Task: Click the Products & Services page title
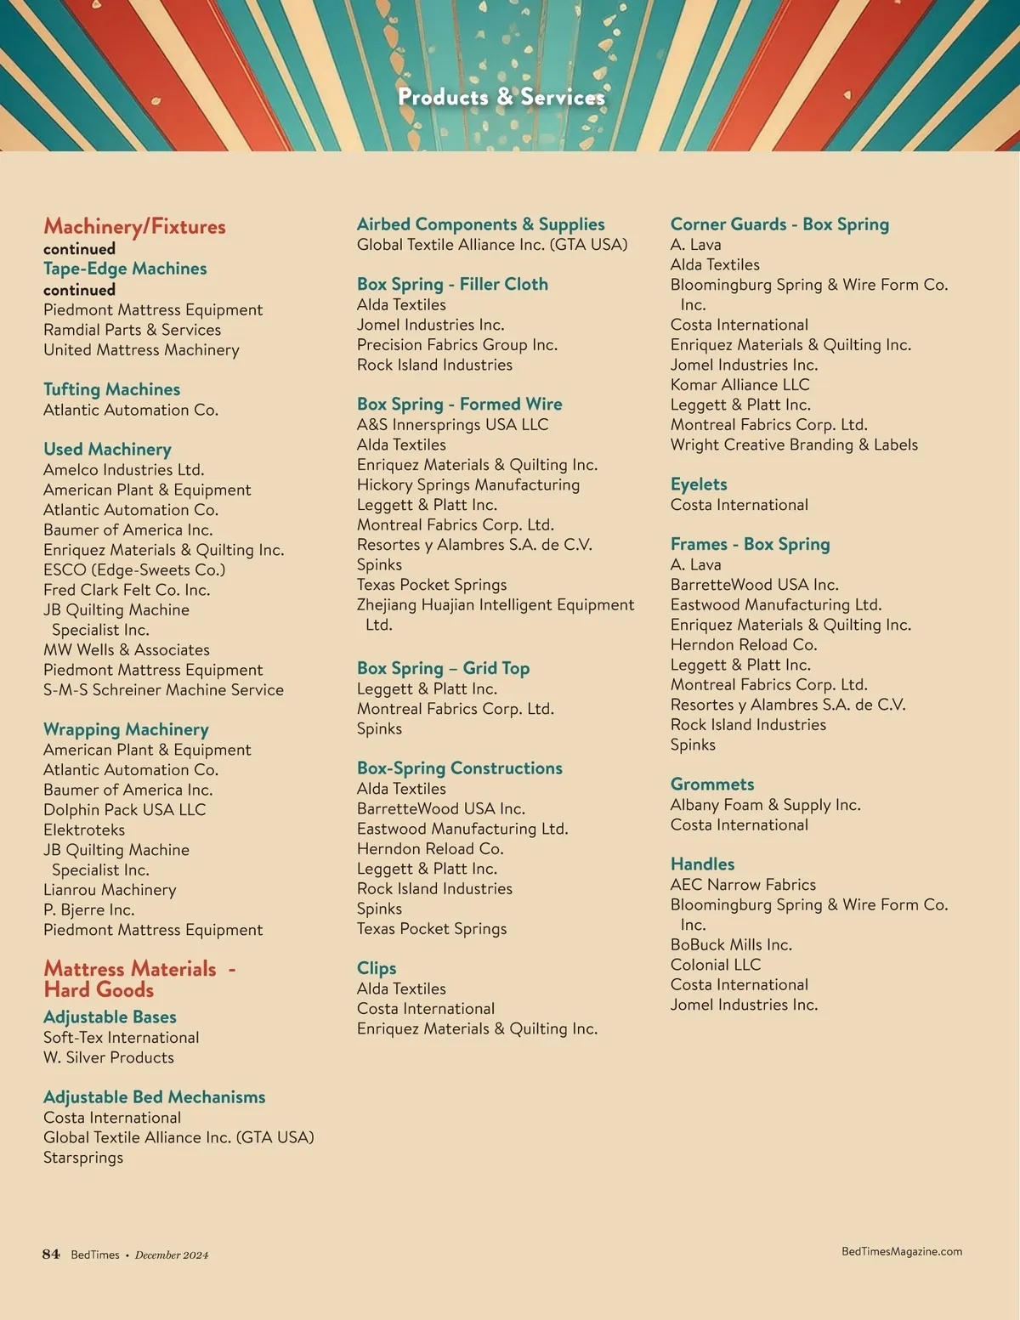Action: click(x=501, y=97)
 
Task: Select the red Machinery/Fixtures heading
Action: click(x=134, y=226)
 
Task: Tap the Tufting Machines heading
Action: click(x=111, y=389)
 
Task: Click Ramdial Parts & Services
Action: click(x=132, y=330)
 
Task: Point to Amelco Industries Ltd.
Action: click(x=123, y=470)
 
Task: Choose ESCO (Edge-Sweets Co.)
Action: click(x=134, y=569)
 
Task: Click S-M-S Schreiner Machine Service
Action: click(x=163, y=690)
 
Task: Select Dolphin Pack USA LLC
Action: click(x=124, y=810)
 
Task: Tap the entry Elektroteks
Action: click(x=84, y=830)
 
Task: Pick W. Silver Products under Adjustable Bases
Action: click(x=109, y=1057)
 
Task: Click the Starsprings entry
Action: click(x=83, y=1158)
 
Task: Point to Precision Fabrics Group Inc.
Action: click(x=457, y=345)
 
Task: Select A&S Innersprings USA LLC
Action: click(x=452, y=425)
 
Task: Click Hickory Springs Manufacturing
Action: click(x=468, y=484)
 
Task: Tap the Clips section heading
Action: click(x=377, y=968)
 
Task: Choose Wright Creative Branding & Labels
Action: click(x=794, y=445)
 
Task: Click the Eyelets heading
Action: click(x=699, y=484)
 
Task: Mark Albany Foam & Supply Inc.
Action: click(x=765, y=805)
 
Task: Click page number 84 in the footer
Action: click(x=51, y=1254)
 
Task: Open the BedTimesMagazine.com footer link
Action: click(x=901, y=1251)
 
